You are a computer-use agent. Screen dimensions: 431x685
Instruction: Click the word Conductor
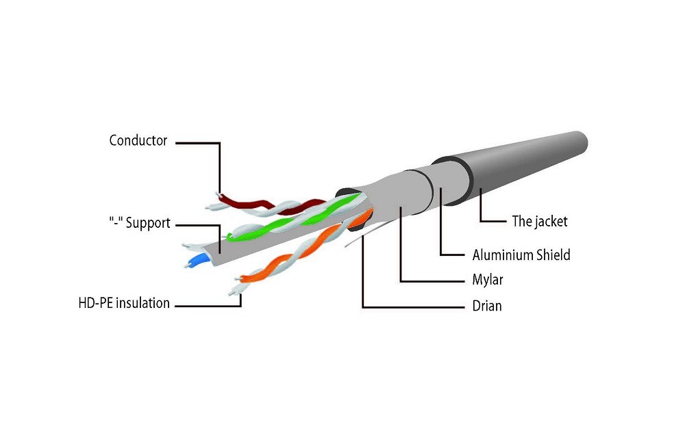tap(138, 141)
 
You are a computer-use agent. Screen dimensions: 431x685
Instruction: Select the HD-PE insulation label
tap(124, 303)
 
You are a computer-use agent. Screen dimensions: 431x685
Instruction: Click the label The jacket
tap(540, 221)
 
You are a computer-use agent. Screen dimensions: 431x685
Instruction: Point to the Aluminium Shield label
tap(521, 255)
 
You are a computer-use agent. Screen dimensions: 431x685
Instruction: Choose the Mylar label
tap(488, 280)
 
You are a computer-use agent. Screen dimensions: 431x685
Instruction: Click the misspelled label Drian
tap(487, 306)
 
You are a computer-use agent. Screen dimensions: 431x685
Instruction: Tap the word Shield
tap(552, 255)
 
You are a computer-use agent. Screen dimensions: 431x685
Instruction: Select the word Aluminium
tap(502, 255)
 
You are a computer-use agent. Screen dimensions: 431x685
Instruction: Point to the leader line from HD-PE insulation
tap(206, 305)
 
